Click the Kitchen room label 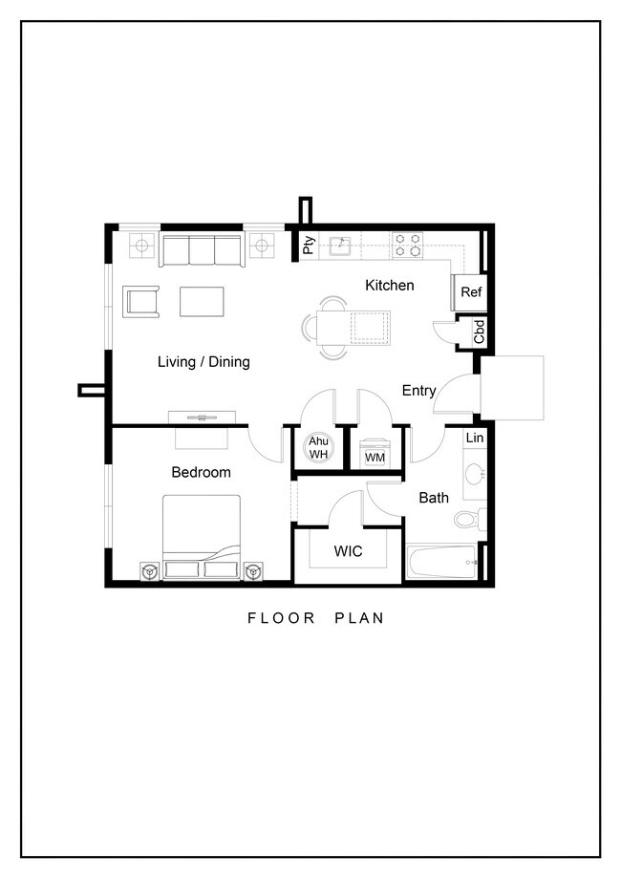[389, 286]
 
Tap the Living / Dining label [203, 362]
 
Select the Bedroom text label [201, 472]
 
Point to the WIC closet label [347, 551]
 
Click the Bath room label [433, 498]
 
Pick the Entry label [418, 391]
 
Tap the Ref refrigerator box [471, 292]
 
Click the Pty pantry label [309, 246]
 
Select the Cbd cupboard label [480, 332]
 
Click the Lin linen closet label [474, 438]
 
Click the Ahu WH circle [318, 448]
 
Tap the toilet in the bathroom [468, 521]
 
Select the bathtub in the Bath [441, 562]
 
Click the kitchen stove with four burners [409, 246]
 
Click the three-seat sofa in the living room [201, 250]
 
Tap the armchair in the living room [141, 301]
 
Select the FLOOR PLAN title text [315, 618]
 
